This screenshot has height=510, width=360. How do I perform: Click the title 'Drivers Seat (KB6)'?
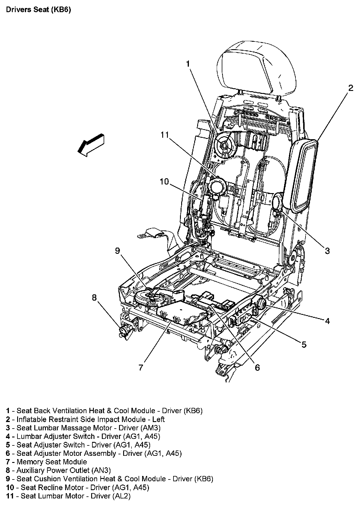point(38,10)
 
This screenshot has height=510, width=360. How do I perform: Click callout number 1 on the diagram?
point(188,64)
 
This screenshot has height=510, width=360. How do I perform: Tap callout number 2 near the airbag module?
point(351,88)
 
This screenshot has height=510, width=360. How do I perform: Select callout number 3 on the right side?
point(327,251)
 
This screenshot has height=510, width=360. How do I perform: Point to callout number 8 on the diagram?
point(94,297)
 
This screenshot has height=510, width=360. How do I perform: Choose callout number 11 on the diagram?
point(165,135)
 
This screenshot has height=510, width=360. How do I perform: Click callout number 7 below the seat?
point(141,367)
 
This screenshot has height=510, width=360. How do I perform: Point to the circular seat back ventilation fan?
point(224,146)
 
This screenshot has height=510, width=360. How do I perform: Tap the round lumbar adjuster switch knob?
point(261,304)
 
